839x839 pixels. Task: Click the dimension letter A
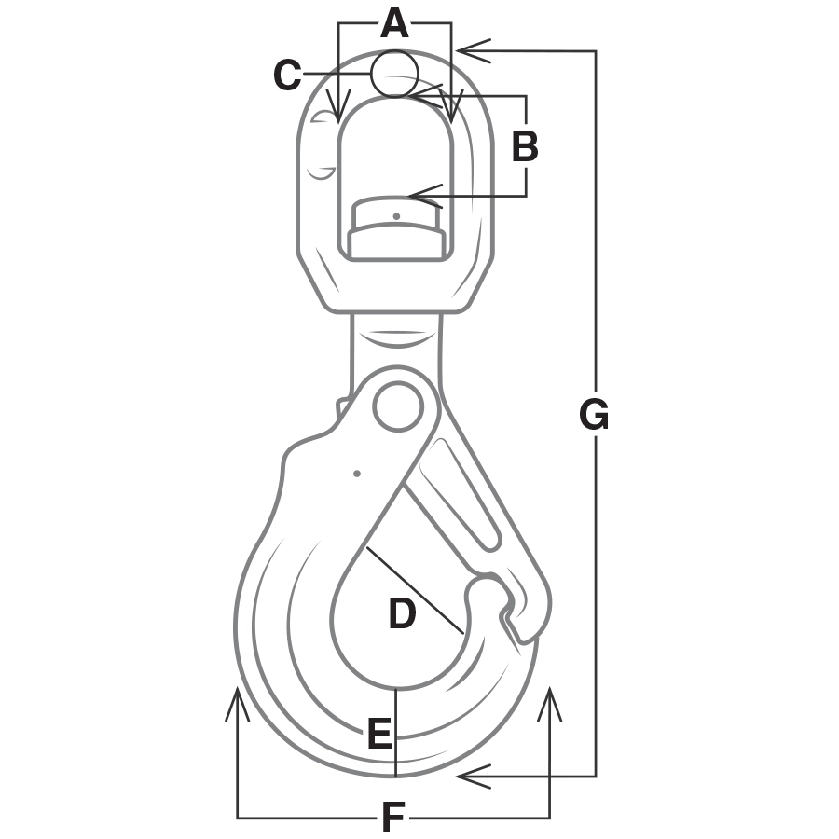point(395,24)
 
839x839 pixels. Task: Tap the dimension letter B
point(525,145)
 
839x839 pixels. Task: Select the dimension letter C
point(287,75)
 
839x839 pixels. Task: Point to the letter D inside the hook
point(403,613)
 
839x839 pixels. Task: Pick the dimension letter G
point(594,415)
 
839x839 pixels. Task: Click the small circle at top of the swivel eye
point(395,74)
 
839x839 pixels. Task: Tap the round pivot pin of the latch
point(397,406)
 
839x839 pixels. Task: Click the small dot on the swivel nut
point(396,216)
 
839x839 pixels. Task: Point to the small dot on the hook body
point(357,474)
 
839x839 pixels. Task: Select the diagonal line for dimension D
point(414,590)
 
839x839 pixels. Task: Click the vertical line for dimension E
point(395,733)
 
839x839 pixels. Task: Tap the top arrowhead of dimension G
point(475,51)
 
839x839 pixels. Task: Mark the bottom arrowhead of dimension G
point(475,777)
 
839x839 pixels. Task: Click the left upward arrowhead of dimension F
point(238,703)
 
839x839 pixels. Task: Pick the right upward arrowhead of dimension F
point(549,703)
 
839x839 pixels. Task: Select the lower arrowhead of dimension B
point(425,197)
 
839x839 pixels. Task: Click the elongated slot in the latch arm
point(461,494)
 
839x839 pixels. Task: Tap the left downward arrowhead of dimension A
point(338,104)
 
